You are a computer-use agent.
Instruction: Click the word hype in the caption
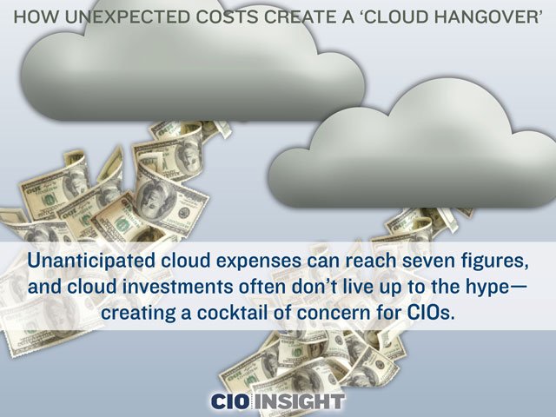(x=493, y=288)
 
